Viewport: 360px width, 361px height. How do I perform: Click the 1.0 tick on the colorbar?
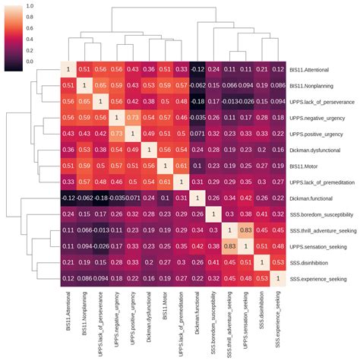point(29,6)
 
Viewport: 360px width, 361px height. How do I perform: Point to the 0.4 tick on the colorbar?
point(29,39)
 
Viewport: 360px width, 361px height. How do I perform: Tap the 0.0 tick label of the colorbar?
point(29,61)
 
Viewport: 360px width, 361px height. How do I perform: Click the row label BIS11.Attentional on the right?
point(316,69)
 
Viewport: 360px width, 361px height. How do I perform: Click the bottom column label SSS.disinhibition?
point(262,320)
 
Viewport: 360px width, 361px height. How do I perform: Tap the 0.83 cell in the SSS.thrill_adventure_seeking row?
point(246,232)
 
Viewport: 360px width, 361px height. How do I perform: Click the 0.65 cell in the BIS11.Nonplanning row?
point(100,85)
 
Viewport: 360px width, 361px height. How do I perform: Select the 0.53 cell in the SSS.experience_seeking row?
point(262,280)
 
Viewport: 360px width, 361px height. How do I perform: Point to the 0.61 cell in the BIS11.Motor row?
point(181,166)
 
